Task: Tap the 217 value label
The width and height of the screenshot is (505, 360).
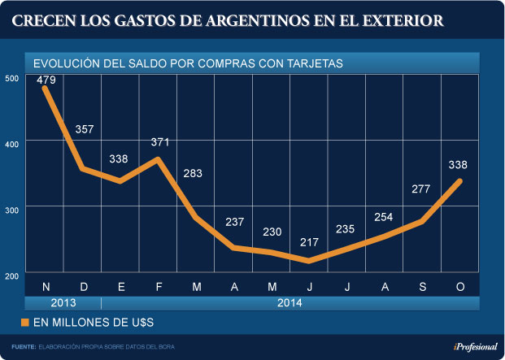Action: (x=310, y=242)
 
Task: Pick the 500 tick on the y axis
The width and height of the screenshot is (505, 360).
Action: (x=11, y=78)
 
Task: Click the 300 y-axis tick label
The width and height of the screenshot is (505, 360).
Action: (x=11, y=209)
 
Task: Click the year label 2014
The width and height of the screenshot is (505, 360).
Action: (x=290, y=303)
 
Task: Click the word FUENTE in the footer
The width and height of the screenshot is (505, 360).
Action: (x=24, y=347)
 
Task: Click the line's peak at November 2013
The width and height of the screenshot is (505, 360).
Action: (x=45, y=88)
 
